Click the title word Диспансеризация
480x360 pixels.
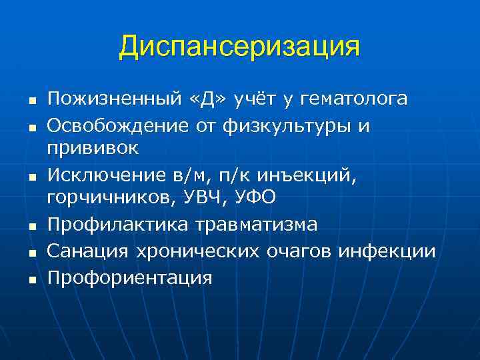point(239,47)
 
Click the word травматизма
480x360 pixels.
point(256,225)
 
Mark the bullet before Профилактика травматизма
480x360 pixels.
point(32,227)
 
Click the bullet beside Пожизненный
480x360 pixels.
point(32,102)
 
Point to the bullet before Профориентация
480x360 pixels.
point(32,279)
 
